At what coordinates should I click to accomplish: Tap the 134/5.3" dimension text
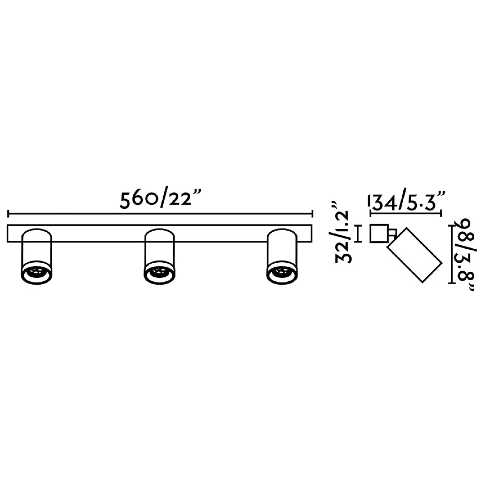point(407,201)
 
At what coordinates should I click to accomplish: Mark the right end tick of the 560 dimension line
point(313,214)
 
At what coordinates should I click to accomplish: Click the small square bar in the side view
point(379,233)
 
